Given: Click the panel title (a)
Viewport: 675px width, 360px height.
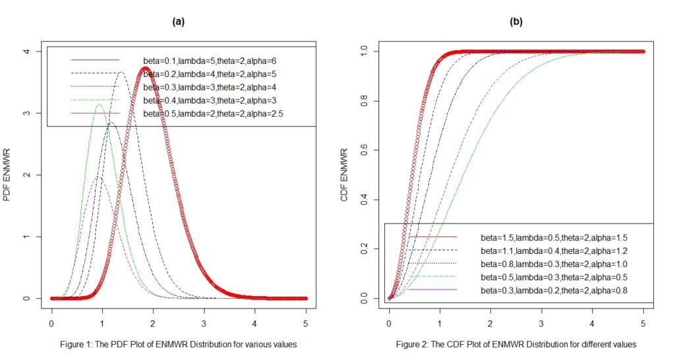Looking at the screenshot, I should (x=178, y=22).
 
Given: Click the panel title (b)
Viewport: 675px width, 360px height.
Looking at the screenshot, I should (x=516, y=22).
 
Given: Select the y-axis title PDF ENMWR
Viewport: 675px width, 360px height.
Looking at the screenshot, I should (x=8, y=175).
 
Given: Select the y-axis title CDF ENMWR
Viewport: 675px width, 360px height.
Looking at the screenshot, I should (x=345, y=175).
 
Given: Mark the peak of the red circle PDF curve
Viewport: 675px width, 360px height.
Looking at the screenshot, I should (x=145, y=68).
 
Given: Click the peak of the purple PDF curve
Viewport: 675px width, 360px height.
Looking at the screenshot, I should (x=99, y=177).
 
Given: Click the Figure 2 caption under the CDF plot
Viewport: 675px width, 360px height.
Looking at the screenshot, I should (x=516, y=344).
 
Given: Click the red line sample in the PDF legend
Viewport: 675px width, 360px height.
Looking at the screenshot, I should (x=96, y=60).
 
